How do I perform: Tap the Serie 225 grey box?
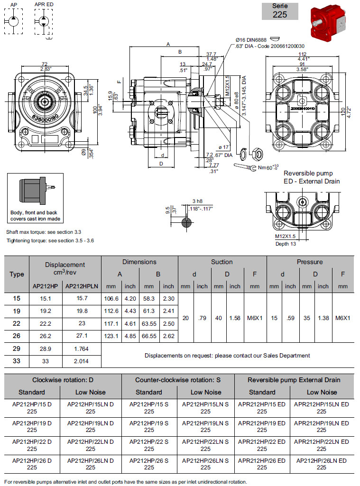tap(280, 11)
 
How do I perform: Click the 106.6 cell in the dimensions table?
tap(111, 298)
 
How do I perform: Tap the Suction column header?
tap(222, 262)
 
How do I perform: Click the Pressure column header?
tap(310, 262)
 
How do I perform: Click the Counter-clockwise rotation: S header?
tap(177, 380)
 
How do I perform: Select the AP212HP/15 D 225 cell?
tap(32, 408)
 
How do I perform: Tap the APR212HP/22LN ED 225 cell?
tap(321, 445)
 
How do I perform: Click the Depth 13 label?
tap(286, 244)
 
